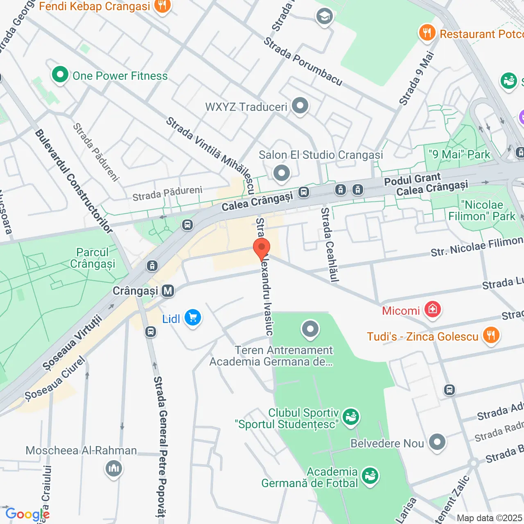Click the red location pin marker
(x=262, y=248)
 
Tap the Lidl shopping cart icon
(x=192, y=318)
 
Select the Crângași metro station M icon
(x=167, y=291)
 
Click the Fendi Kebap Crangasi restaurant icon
(x=163, y=6)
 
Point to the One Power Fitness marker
(x=60, y=75)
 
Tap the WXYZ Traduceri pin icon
(x=300, y=106)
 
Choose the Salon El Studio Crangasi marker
(x=281, y=173)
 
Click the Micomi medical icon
(x=432, y=310)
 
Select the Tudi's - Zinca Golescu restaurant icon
(x=490, y=336)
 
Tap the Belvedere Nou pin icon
(x=437, y=443)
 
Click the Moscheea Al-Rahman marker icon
(x=114, y=468)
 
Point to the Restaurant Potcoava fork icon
(x=427, y=34)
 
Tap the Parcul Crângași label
(x=93, y=258)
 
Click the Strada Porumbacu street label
(x=303, y=61)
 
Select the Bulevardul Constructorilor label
(x=74, y=181)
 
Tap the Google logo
(x=27, y=514)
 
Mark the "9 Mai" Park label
(x=459, y=154)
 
